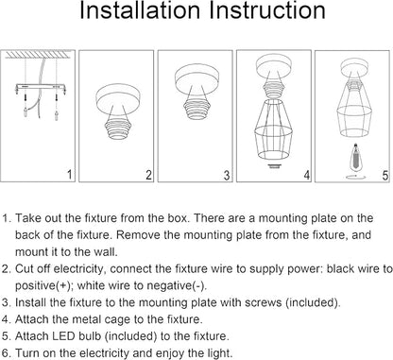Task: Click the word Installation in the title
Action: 140,10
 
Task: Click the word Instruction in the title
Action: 267,10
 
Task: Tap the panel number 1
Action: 70,175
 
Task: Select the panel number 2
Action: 148,175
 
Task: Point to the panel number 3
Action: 227,175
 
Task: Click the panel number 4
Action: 307,175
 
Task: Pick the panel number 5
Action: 385,176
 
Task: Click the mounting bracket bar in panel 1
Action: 41,86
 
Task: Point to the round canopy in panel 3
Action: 196,79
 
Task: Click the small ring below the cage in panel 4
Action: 274,165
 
